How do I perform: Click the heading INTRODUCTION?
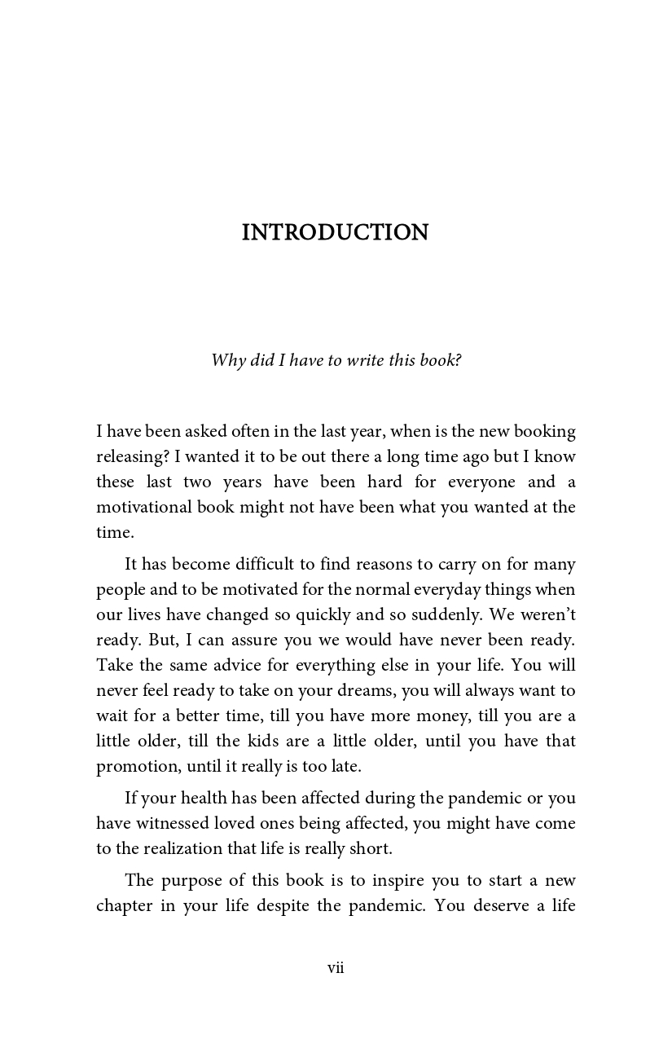pyautogui.click(x=335, y=233)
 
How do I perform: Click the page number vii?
pyautogui.click(x=336, y=968)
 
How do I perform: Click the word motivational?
pyautogui.click(x=143, y=507)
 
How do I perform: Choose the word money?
pyautogui.click(x=455, y=715)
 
